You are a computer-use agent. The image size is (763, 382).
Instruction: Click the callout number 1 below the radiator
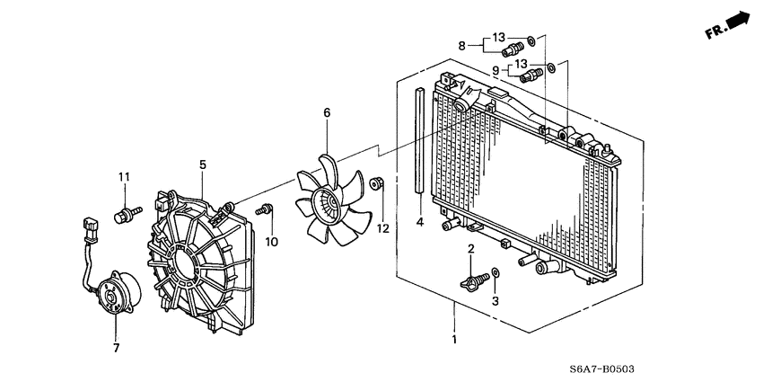454,340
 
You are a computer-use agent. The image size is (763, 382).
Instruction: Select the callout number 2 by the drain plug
470,248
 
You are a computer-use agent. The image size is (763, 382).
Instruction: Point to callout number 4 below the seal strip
419,222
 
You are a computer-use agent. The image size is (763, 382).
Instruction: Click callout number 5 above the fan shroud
203,164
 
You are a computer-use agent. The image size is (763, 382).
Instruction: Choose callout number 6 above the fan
327,113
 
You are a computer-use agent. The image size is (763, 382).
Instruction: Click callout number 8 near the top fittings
462,45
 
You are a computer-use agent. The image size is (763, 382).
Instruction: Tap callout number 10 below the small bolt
271,241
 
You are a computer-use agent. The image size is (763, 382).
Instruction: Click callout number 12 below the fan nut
383,228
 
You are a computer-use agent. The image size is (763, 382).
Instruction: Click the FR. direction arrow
729,25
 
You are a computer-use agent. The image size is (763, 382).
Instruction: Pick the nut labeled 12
378,185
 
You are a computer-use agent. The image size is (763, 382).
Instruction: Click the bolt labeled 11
126,214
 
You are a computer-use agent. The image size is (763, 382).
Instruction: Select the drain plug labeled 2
471,279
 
